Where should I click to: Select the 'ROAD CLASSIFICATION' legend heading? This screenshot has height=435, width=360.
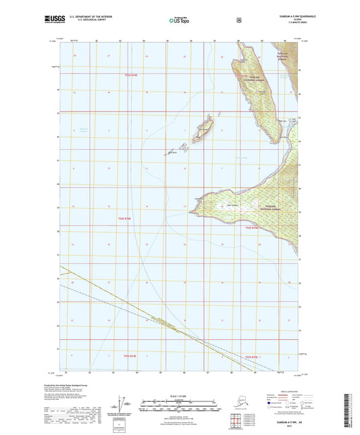point(280,391)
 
